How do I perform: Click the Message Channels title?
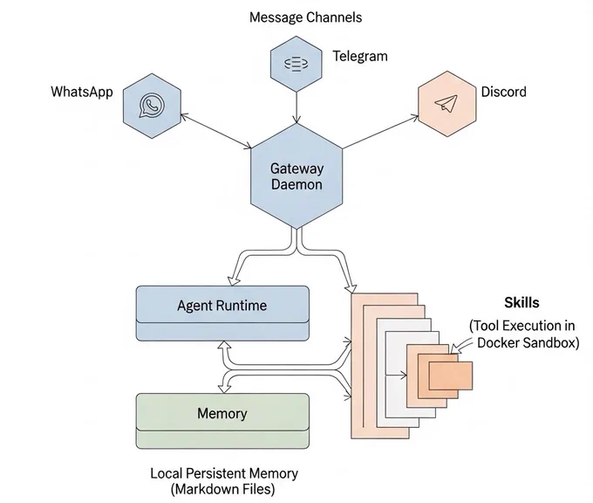(305, 17)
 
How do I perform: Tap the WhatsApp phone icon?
(152, 106)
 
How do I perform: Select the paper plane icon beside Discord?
(446, 103)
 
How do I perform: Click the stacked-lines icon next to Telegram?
(296, 64)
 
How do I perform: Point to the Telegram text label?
(360, 56)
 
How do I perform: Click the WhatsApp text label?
(82, 92)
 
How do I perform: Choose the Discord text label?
(503, 92)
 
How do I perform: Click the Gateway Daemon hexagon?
(296, 176)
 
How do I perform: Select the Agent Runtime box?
(222, 314)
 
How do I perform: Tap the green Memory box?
(222, 421)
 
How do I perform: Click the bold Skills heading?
(521, 303)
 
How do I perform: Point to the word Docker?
(496, 343)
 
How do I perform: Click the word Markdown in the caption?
(208, 489)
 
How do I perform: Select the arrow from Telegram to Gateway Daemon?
(296, 107)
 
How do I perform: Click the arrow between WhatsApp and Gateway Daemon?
(216, 131)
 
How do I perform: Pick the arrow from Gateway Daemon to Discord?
(380, 132)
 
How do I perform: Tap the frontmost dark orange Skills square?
(451, 376)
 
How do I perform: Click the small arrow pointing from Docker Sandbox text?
(462, 346)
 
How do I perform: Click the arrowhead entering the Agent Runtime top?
(234, 280)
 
